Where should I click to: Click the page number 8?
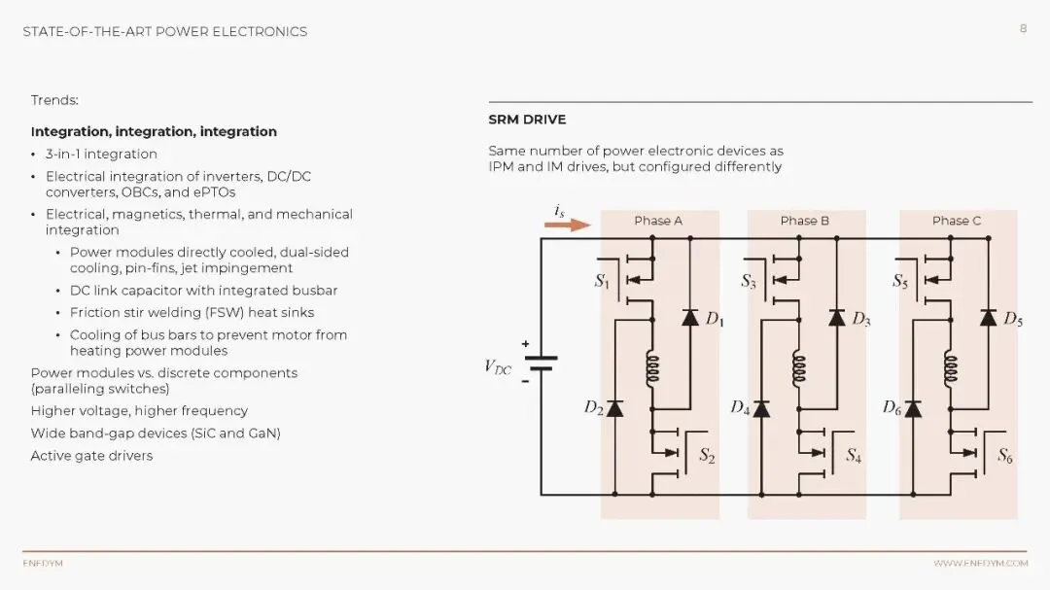click(x=1023, y=29)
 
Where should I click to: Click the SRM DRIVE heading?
click(x=527, y=120)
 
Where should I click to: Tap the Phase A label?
click(x=658, y=221)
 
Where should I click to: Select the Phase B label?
click(x=805, y=221)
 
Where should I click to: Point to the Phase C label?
click(x=957, y=221)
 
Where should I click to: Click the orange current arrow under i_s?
click(x=567, y=226)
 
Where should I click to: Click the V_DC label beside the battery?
click(x=498, y=367)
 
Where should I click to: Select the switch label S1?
click(x=603, y=282)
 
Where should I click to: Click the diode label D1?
click(x=715, y=319)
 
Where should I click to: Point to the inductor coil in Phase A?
click(x=652, y=369)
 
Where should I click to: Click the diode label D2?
click(x=593, y=408)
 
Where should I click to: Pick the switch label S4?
click(x=853, y=455)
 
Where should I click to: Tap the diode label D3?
click(x=861, y=319)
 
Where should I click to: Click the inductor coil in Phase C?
click(x=951, y=369)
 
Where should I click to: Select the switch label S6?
click(x=1004, y=455)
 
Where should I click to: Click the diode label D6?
click(x=892, y=408)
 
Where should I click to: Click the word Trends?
click(x=54, y=100)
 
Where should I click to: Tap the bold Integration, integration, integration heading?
click(x=154, y=131)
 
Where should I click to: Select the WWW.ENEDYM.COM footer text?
click(x=980, y=563)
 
